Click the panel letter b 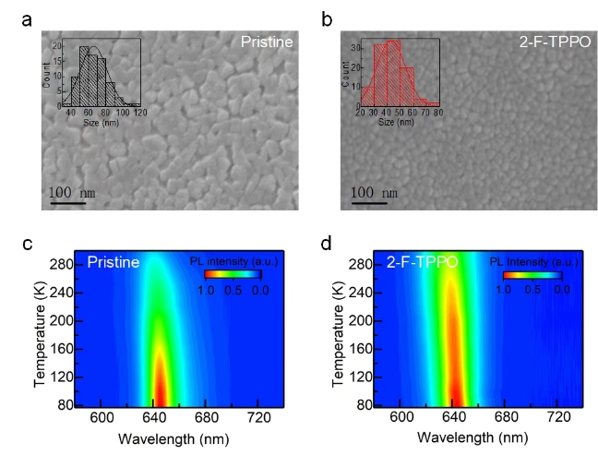tap(324, 18)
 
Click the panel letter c tap(27, 245)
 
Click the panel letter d tap(324, 245)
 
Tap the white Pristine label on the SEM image tap(268, 42)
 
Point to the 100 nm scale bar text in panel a tap(74, 193)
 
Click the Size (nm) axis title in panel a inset tap(90, 118)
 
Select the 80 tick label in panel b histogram tap(437, 111)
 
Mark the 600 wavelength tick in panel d tap(401, 418)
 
